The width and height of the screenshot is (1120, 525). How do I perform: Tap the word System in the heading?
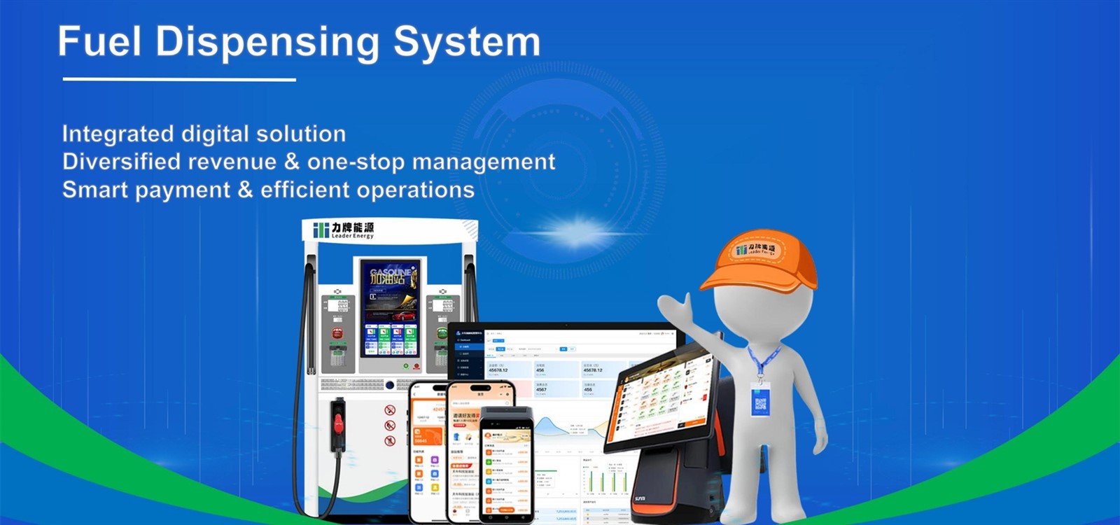(467, 42)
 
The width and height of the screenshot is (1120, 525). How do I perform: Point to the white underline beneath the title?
(179, 80)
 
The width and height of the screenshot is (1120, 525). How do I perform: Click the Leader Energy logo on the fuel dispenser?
(344, 230)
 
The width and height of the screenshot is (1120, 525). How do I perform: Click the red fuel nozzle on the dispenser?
(339, 423)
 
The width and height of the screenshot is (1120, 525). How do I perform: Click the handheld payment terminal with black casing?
(505, 462)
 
